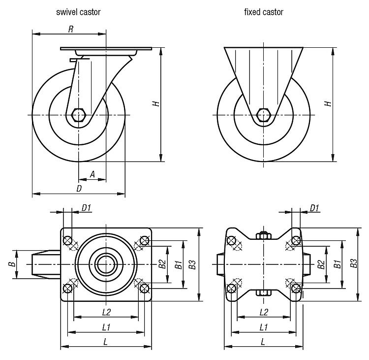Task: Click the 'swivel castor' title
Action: click(x=78, y=11)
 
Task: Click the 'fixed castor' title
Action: click(x=263, y=11)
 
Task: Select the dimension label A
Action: click(x=92, y=174)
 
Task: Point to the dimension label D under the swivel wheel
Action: click(x=79, y=189)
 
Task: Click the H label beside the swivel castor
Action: click(x=155, y=104)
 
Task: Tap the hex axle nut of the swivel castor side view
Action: click(x=78, y=115)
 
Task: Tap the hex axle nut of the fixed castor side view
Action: click(x=264, y=115)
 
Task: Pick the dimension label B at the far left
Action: click(x=11, y=264)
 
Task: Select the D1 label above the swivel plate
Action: click(x=87, y=208)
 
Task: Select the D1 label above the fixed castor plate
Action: click(x=314, y=208)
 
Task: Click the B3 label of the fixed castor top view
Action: click(x=353, y=264)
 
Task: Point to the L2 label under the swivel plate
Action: click(x=106, y=312)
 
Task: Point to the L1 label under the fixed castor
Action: click(x=263, y=327)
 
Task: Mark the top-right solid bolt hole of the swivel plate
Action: click(x=144, y=241)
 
